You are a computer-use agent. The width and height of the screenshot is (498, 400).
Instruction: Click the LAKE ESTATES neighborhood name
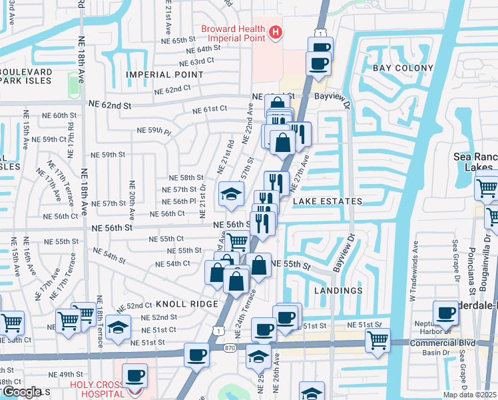tap(326, 201)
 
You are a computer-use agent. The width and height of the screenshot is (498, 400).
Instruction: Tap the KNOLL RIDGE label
tap(189, 304)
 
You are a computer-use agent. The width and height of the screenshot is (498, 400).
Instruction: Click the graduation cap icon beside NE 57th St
tap(231, 193)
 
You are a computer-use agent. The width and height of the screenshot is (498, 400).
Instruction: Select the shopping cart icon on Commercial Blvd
tap(377, 340)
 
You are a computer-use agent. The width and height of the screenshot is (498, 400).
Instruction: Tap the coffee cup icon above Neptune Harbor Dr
tap(445, 312)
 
